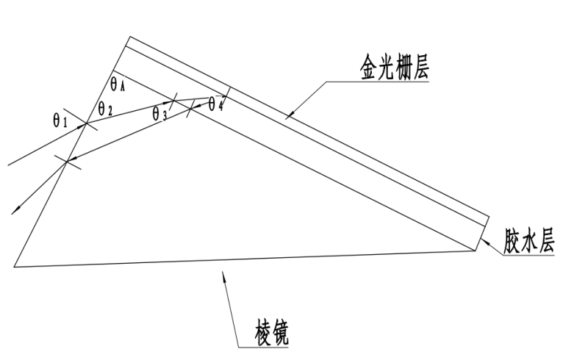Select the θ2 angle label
(106, 111)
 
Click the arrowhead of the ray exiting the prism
(12, 213)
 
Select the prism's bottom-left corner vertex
(14, 266)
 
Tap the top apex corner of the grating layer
(129, 37)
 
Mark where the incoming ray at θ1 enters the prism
(87, 124)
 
